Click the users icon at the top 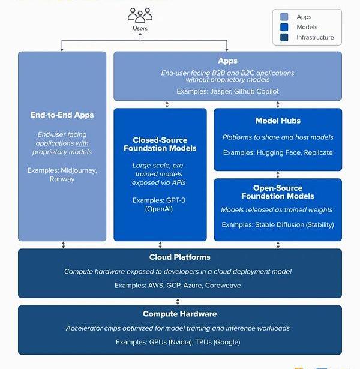point(139,16)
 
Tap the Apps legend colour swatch point(284,17)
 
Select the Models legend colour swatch point(284,27)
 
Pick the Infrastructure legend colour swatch point(284,37)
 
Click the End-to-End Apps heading point(62,115)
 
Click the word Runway point(62,179)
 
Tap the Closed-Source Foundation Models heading point(160,144)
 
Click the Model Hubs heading point(278,121)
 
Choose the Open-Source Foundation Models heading point(278,192)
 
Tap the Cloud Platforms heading point(179,257)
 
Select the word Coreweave point(223,286)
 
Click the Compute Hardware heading point(179,314)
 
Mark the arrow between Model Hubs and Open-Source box point(278,175)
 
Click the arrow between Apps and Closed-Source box point(167,104)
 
